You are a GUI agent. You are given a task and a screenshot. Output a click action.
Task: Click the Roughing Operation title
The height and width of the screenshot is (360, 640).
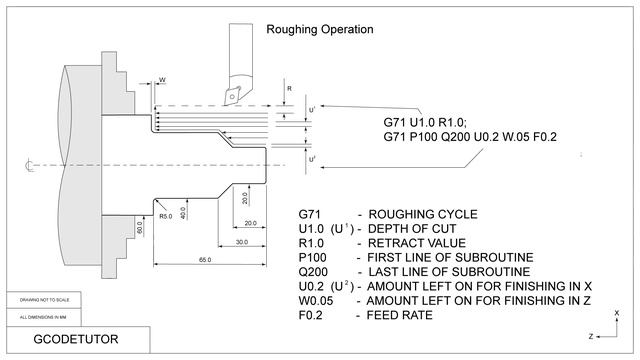[319, 29]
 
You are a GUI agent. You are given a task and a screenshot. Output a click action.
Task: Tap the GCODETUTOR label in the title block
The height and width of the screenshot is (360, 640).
[76, 339]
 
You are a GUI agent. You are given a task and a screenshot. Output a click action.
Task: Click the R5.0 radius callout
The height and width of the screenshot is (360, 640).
[166, 215]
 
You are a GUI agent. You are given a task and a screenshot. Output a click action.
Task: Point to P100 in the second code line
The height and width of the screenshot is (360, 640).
[422, 137]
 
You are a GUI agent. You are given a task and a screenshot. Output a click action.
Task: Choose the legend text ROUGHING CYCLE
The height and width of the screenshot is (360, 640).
[423, 214]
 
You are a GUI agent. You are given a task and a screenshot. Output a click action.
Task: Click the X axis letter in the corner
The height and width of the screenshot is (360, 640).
[618, 312]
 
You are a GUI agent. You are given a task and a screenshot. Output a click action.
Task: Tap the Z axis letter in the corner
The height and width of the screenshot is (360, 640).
[591, 335]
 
